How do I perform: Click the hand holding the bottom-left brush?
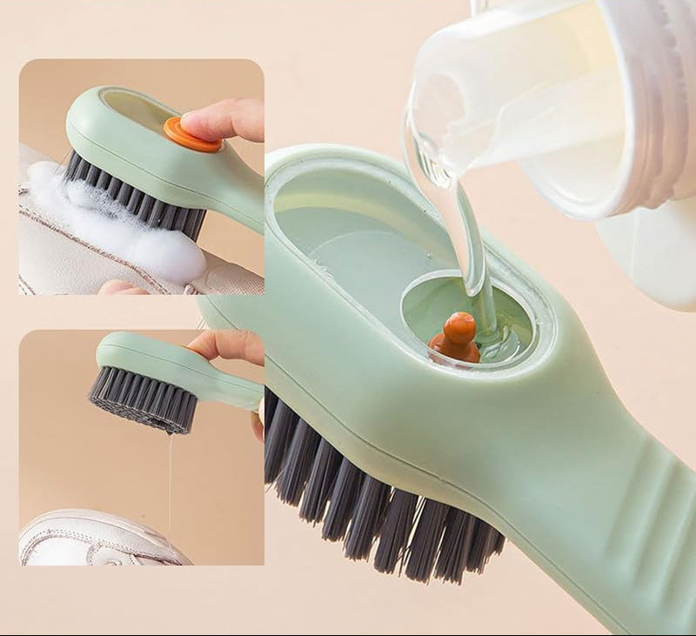point(231,348)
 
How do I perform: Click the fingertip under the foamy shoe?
point(117,286)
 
